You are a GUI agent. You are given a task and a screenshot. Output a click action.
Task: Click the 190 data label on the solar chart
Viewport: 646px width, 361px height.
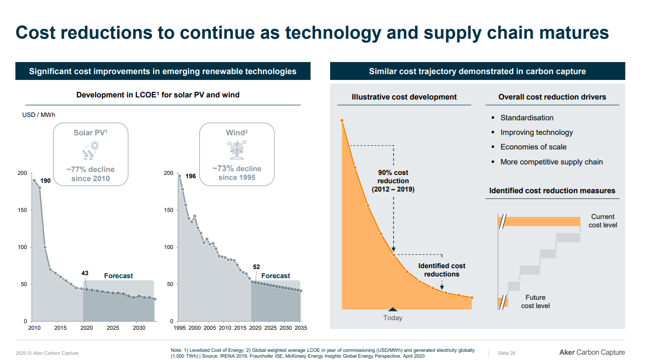pyautogui.click(x=45, y=181)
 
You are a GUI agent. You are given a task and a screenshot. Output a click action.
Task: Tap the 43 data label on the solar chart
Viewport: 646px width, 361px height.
pyautogui.click(x=85, y=273)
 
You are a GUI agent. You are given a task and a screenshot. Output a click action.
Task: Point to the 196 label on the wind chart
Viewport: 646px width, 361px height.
pyautogui.click(x=191, y=176)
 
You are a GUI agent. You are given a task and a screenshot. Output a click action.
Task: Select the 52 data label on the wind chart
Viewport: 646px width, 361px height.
pyautogui.click(x=256, y=267)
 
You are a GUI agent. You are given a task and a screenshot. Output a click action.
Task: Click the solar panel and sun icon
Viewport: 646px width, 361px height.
pyautogui.click(x=91, y=150)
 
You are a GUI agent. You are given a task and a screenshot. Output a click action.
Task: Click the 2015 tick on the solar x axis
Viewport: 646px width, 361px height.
pyautogui.click(x=60, y=328)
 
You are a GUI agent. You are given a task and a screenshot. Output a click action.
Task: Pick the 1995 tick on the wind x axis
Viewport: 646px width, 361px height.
pyautogui.click(x=179, y=328)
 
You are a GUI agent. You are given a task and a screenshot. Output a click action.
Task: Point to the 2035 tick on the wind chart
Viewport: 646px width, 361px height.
pyautogui.click(x=301, y=328)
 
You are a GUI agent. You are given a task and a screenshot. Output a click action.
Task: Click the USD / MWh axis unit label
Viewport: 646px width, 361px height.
pyautogui.click(x=39, y=115)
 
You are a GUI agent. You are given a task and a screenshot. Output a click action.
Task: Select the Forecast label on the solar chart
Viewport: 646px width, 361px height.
pyautogui.click(x=119, y=276)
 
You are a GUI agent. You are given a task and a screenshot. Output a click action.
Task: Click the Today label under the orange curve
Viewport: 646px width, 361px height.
pyautogui.click(x=393, y=318)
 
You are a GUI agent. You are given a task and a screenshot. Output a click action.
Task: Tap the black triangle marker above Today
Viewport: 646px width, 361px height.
pyautogui.click(x=393, y=309)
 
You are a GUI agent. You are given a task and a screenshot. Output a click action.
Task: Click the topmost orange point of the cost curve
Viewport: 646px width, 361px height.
pyautogui.click(x=342, y=121)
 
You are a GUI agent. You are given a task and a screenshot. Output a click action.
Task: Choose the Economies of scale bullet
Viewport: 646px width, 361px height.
pyautogui.click(x=533, y=147)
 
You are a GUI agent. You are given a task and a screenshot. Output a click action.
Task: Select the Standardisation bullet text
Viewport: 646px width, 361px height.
pyautogui.click(x=527, y=118)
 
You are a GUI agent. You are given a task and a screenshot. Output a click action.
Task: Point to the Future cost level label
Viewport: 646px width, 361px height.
pyautogui.click(x=535, y=302)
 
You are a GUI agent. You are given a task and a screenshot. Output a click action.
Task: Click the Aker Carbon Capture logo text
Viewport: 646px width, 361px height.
pyautogui.click(x=592, y=353)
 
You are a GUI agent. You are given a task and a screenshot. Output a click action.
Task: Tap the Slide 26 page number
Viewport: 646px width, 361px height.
pyautogui.click(x=507, y=353)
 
